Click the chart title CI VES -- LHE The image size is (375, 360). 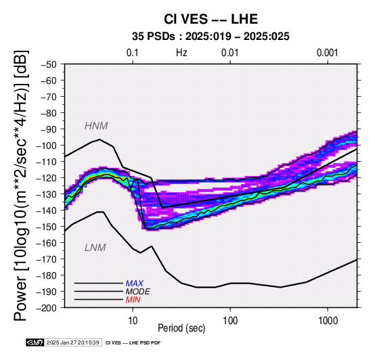point(211,19)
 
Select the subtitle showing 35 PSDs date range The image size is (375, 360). point(211,37)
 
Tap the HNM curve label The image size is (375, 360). point(96,126)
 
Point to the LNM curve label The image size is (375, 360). point(95,248)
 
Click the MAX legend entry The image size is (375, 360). point(135,284)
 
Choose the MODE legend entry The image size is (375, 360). point(138,292)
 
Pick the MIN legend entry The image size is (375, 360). point(133,300)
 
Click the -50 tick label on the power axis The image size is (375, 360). point(49,64)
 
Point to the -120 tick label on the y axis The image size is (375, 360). point(47,178)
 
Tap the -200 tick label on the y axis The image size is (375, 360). point(47,308)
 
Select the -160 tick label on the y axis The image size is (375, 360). point(47,243)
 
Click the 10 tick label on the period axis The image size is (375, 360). point(133,321)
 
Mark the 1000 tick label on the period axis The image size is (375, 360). point(328,321)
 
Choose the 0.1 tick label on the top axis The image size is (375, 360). point(133,53)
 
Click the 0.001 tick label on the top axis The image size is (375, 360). point(328,53)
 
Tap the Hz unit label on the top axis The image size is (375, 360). point(181,53)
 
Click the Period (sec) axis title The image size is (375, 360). point(181,328)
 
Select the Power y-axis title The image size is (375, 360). point(21,185)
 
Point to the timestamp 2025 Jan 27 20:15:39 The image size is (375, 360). point(73,343)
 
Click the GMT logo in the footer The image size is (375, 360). point(35,342)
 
